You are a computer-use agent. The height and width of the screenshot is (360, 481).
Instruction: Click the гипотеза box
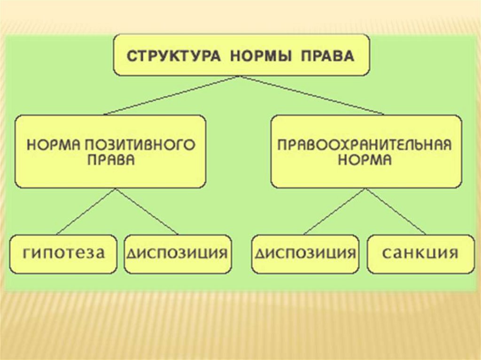click(x=64, y=254)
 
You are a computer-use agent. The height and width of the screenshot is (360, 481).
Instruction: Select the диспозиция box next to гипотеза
click(x=178, y=254)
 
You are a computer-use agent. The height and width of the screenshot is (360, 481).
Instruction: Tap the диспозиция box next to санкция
click(x=305, y=254)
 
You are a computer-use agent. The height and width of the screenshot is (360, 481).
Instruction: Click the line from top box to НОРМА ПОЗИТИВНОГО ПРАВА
click(x=172, y=95)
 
